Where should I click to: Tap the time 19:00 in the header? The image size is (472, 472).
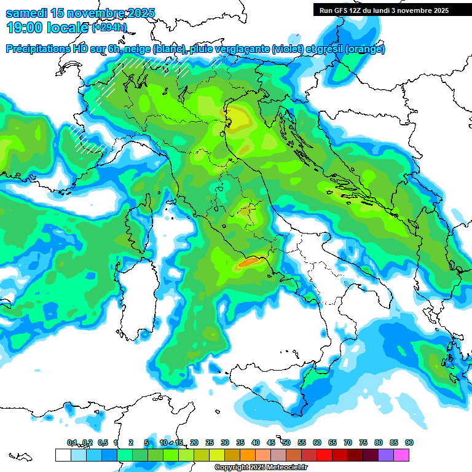[x=24, y=28]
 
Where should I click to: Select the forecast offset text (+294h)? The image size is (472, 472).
[x=109, y=28]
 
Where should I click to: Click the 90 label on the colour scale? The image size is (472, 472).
[x=409, y=442]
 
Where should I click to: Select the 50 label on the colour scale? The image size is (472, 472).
[x=286, y=442]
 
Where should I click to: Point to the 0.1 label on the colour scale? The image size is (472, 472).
[x=71, y=442]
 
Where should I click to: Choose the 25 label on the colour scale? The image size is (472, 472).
[x=210, y=442]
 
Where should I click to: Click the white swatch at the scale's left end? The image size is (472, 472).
[x=63, y=455]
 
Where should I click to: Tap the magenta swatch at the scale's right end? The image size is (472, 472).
[x=401, y=455]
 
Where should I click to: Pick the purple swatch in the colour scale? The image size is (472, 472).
[x=386, y=455]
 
